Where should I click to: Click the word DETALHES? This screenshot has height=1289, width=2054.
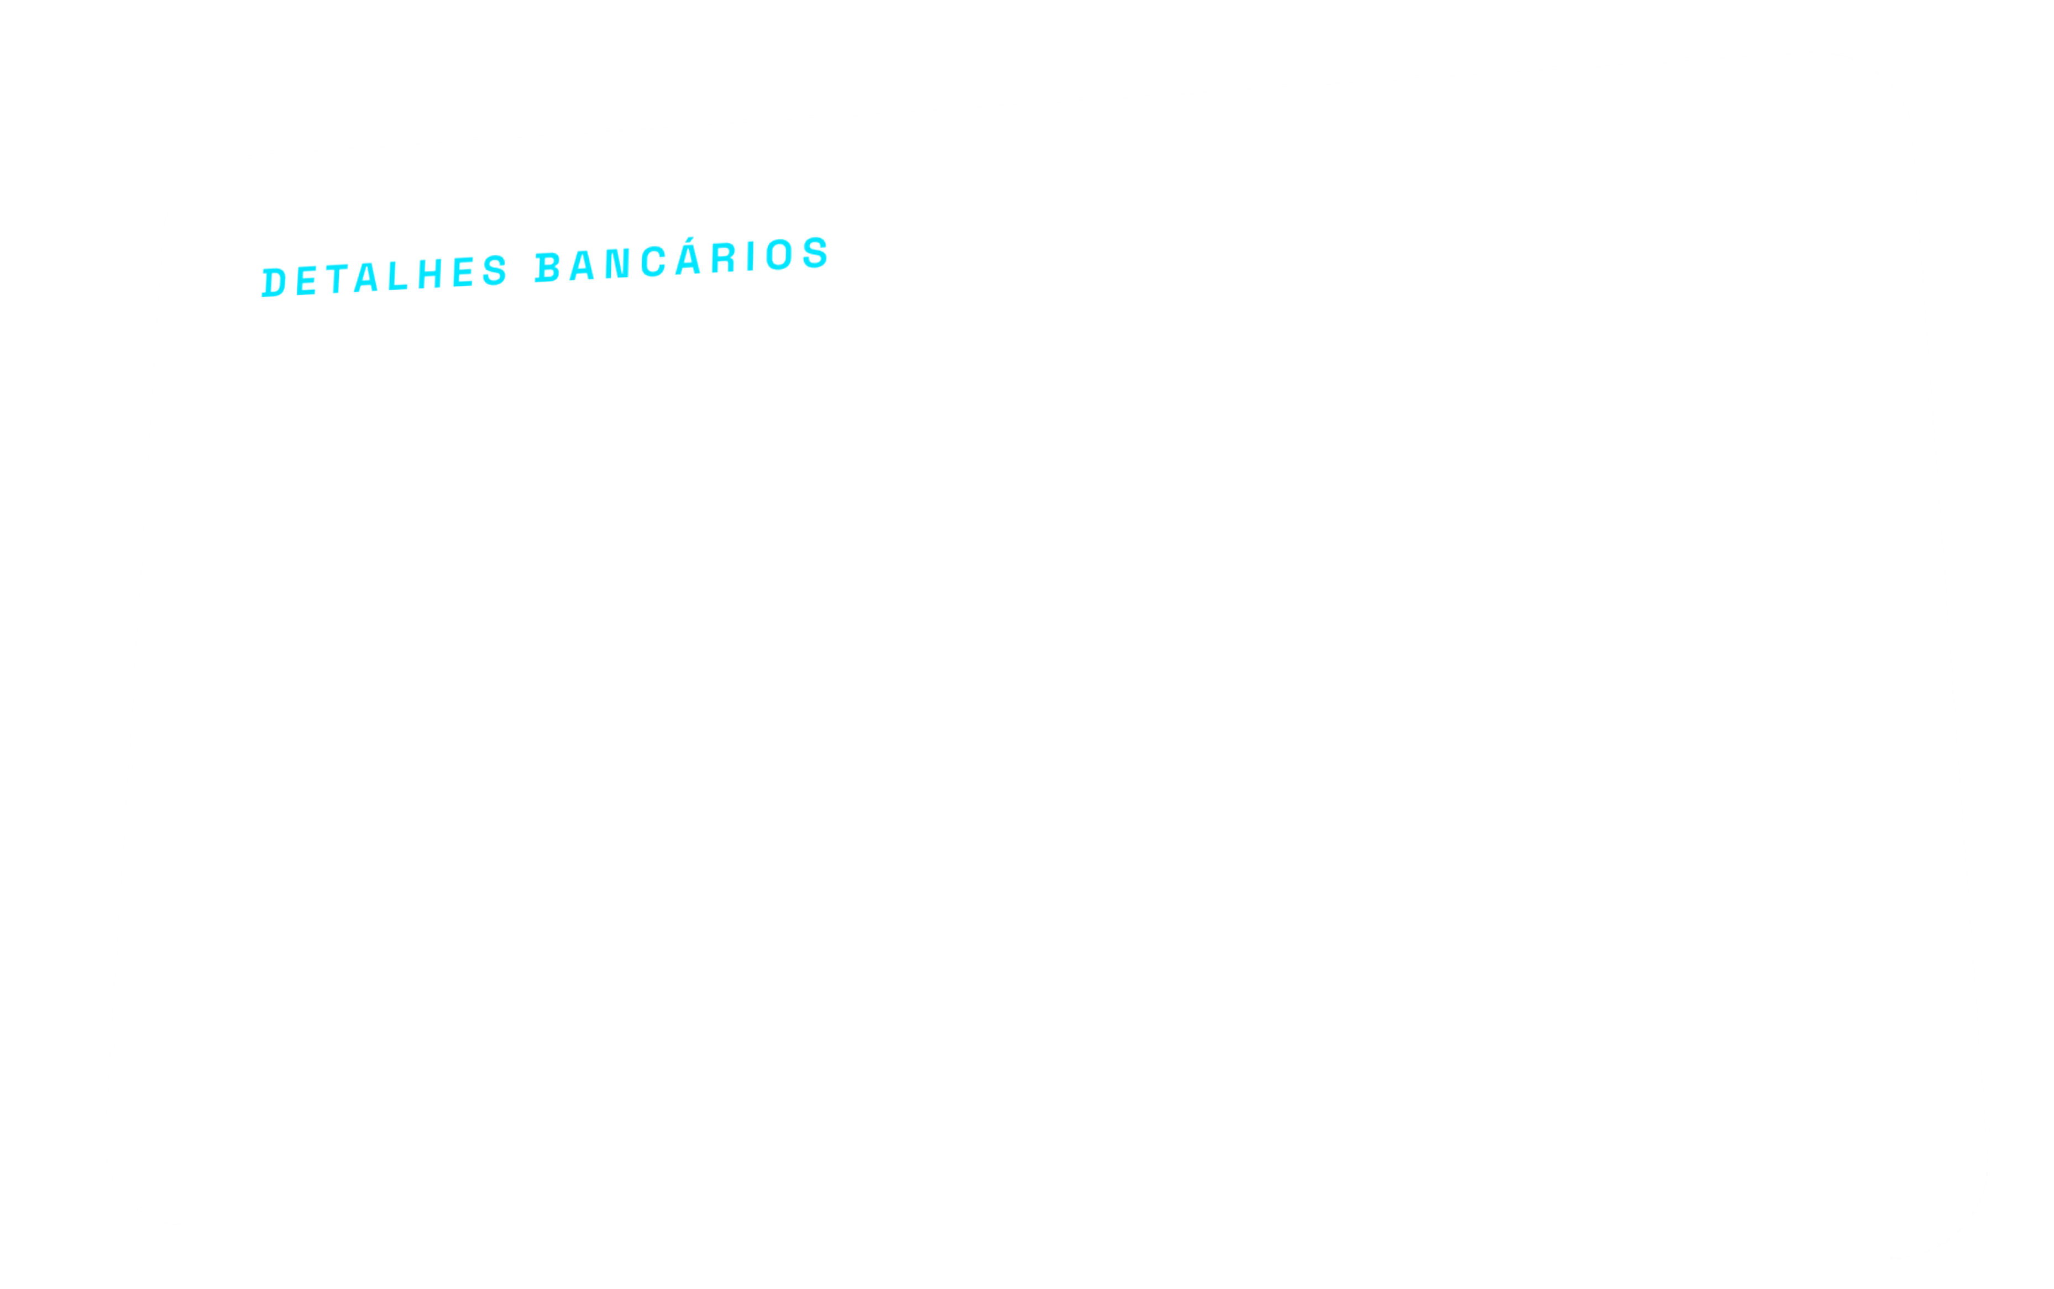click(384, 276)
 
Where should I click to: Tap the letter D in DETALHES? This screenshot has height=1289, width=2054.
click(274, 283)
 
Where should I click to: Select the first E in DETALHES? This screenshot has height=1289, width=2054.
click(307, 280)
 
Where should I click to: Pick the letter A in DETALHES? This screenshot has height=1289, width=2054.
click(365, 277)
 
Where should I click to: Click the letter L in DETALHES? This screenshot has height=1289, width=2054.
click(398, 275)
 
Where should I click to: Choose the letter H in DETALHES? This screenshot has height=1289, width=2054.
click(429, 273)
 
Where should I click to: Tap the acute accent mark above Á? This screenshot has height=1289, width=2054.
click(689, 239)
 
